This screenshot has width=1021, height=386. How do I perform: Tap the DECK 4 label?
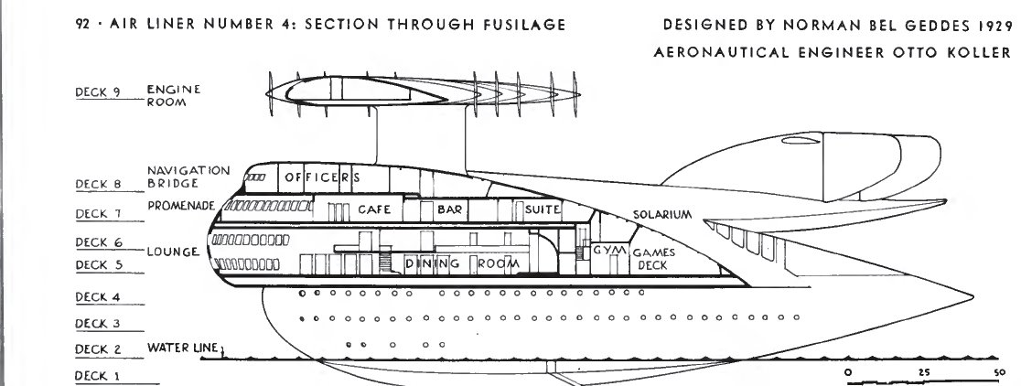click(x=98, y=297)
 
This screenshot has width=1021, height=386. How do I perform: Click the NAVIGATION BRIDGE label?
click(x=188, y=177)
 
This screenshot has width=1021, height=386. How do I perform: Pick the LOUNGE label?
click(x=172, y=252)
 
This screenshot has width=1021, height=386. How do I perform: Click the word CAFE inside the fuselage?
click(x=374, y=209)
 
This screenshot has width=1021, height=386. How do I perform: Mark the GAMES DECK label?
click(x=652, y=258)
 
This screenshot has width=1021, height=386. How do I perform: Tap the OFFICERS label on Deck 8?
click(x=318, y=177)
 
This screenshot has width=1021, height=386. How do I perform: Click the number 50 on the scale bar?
click(x=998, y=373)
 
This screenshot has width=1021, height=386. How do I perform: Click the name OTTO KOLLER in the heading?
click(x=962, y=52)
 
